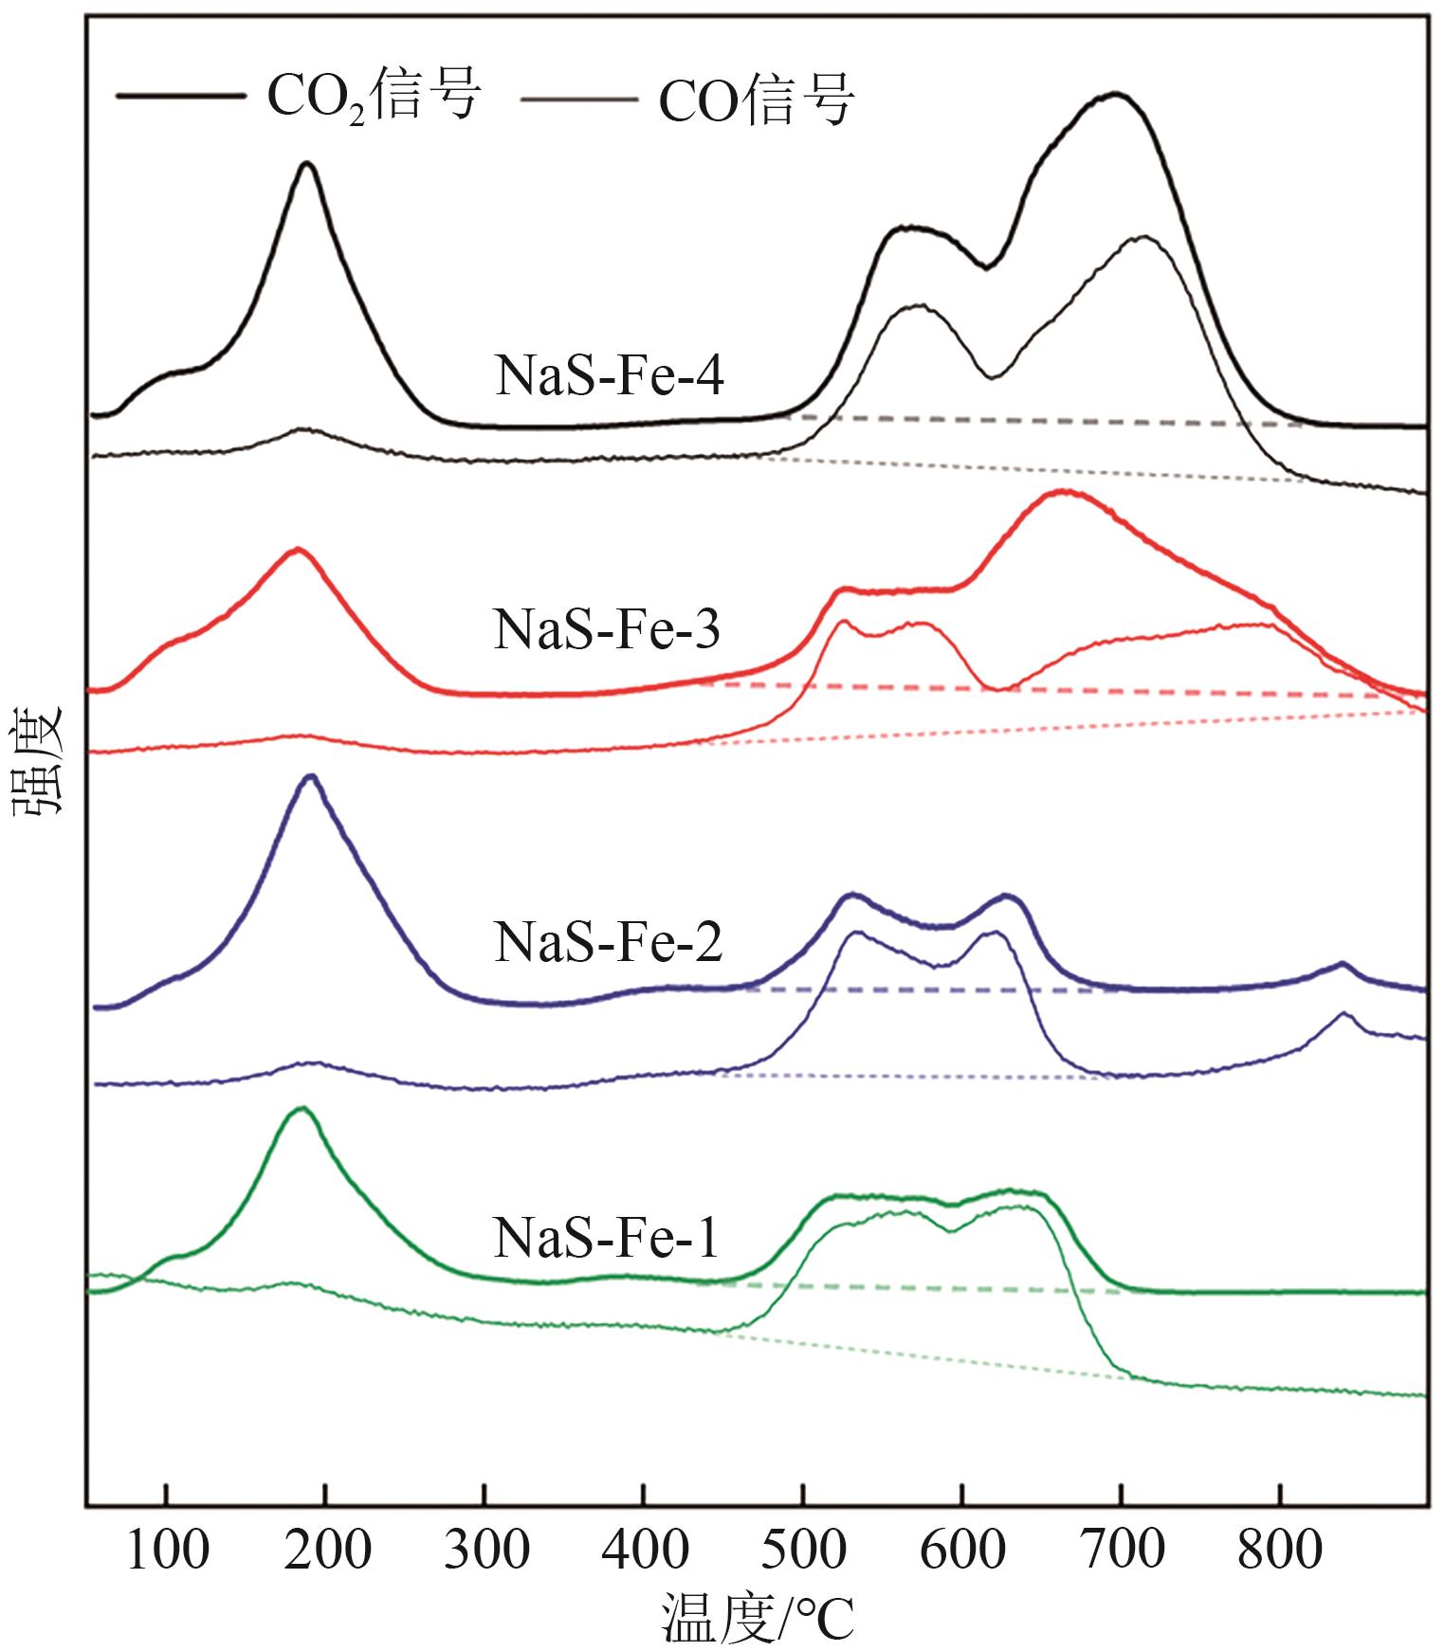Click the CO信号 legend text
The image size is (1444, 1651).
[x=757, y=100]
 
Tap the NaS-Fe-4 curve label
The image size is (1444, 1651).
[x=609, y=377]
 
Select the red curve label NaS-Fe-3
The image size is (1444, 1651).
[x=607, y=630]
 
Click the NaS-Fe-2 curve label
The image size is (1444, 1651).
[x=608, y=943]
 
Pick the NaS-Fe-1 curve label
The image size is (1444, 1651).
[x=606, y=1238]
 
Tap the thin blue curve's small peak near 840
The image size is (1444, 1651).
[x=1343, y=1013]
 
